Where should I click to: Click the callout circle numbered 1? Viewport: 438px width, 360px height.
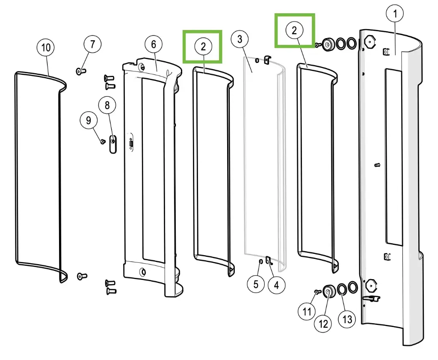[395, 14]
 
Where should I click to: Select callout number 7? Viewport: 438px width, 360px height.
[92, 44]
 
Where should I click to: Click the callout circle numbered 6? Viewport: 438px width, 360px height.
[154, 44]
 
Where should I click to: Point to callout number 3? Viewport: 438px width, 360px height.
[240, 39]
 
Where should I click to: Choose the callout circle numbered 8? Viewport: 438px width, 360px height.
[107, 105]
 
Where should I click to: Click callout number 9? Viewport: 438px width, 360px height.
[89, 120]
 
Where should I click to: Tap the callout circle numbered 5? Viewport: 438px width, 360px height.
[256, 284]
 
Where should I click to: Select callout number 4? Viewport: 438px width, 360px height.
[276, 284]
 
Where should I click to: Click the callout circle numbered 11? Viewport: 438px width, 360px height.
[307, 312]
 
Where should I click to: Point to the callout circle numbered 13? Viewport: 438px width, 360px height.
[347, 318]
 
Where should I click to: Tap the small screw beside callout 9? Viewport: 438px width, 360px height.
[102, 141]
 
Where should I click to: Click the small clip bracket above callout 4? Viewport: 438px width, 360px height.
[269, 260]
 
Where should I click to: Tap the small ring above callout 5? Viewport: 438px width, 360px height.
[260, 261]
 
